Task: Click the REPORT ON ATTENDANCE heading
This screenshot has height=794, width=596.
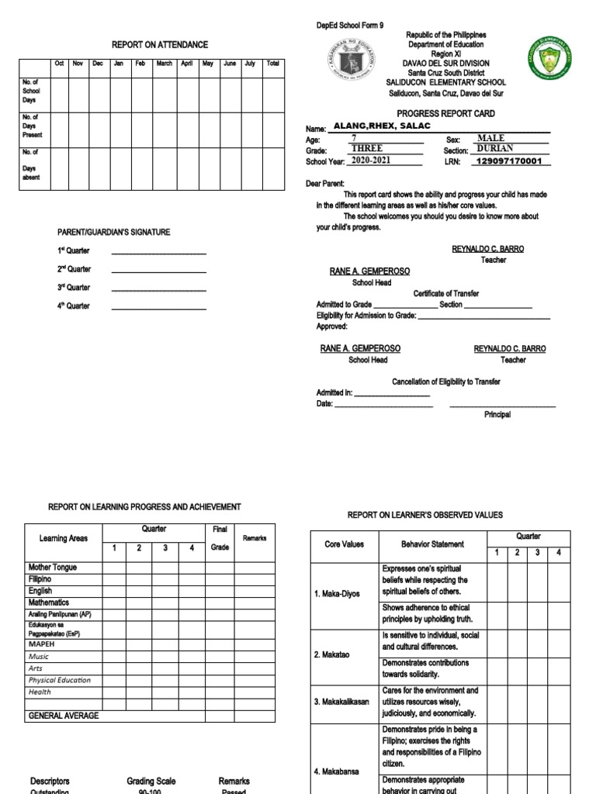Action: pos(160,45)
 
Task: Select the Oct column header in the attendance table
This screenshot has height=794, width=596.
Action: pos(59,64)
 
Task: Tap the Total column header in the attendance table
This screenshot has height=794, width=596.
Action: pos(272,64)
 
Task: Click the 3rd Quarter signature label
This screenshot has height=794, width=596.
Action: pos(74,288)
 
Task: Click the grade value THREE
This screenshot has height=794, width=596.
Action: pos(367,149)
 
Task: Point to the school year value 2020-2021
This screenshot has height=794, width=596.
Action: pos(370,161)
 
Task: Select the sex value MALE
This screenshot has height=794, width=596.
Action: pos(490,138)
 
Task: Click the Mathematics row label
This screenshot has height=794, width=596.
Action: pos(49,602)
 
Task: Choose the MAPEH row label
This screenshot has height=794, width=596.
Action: pos(43,644)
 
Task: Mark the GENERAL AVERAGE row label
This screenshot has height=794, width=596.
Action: pos(64,716)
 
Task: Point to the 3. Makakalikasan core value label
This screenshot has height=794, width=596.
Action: pos(341,702)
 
